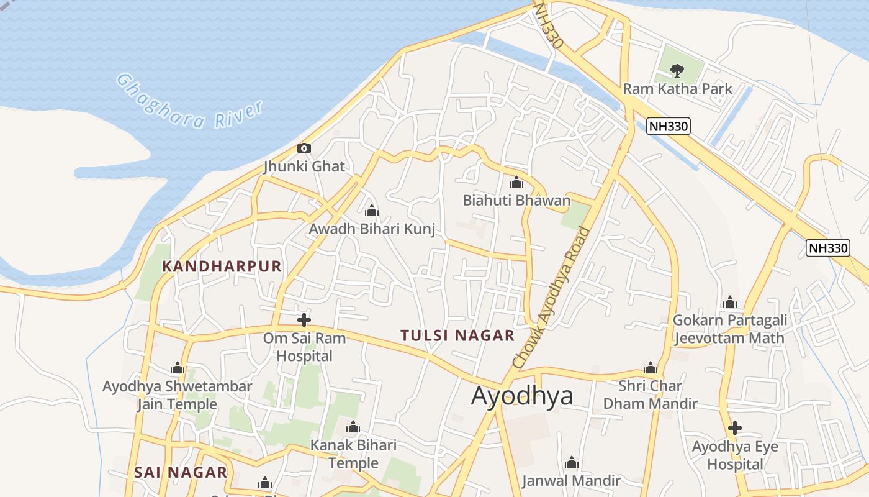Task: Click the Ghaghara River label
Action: click(x=190, y=103)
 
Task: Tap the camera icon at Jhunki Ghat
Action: click(x=304, y=148)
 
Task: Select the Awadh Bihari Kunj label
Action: click(x=372, y=229)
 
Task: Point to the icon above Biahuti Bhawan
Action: click(x=516, y=182)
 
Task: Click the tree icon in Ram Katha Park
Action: click(x=677, y=70)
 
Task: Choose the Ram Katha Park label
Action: click(x=677, y=89)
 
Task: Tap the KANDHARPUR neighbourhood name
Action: click(x=222, y=267)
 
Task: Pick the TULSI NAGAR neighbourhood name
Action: click(x=457, y=335)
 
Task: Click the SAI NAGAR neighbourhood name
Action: click(x=181, y=472)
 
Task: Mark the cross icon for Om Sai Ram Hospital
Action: click(x=304, y=320)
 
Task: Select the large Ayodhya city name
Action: click(x=522, y=395)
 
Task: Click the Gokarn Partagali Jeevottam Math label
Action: click(x=730, y=329)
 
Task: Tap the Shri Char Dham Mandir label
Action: click(x=650, y=394)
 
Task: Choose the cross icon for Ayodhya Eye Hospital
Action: click(x=735, y=428)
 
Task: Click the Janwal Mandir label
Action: click(x=571, y=480)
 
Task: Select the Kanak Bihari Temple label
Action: click(x=353, y=454)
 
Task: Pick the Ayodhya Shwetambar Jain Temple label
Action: click(x=178, y=395)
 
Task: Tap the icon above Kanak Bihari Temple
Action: click(x=353, y=427)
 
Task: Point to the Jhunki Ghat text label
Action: click(x=304, y=166)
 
